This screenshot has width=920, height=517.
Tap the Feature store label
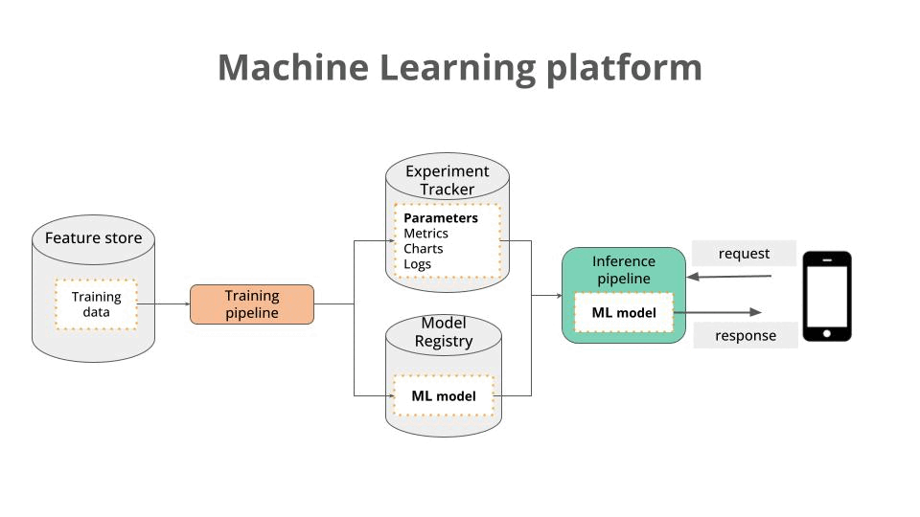click(93, 237)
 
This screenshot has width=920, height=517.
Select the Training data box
click(96, 304)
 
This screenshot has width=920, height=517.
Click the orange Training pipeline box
click(252, 304)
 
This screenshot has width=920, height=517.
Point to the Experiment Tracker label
click(447, 180)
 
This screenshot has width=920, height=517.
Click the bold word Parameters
click(440, 218)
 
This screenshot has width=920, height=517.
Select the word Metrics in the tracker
click(425, 234)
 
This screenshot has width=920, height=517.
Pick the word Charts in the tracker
click(423, 249)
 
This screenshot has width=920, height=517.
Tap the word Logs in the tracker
click(417, 264)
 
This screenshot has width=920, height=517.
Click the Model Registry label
click(444, 332)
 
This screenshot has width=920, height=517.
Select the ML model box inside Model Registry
click(444, 395)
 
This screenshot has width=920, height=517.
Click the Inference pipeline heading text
click(624, 269)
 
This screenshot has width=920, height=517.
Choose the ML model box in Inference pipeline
click(624, 313)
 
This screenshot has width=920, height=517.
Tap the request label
click(744, 254)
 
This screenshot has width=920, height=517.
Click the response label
click(746, 336)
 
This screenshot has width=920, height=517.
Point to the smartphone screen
click(826, 295)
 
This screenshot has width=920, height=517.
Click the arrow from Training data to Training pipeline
click(163, 304)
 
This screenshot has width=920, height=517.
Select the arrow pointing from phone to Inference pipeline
click(728, 278)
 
